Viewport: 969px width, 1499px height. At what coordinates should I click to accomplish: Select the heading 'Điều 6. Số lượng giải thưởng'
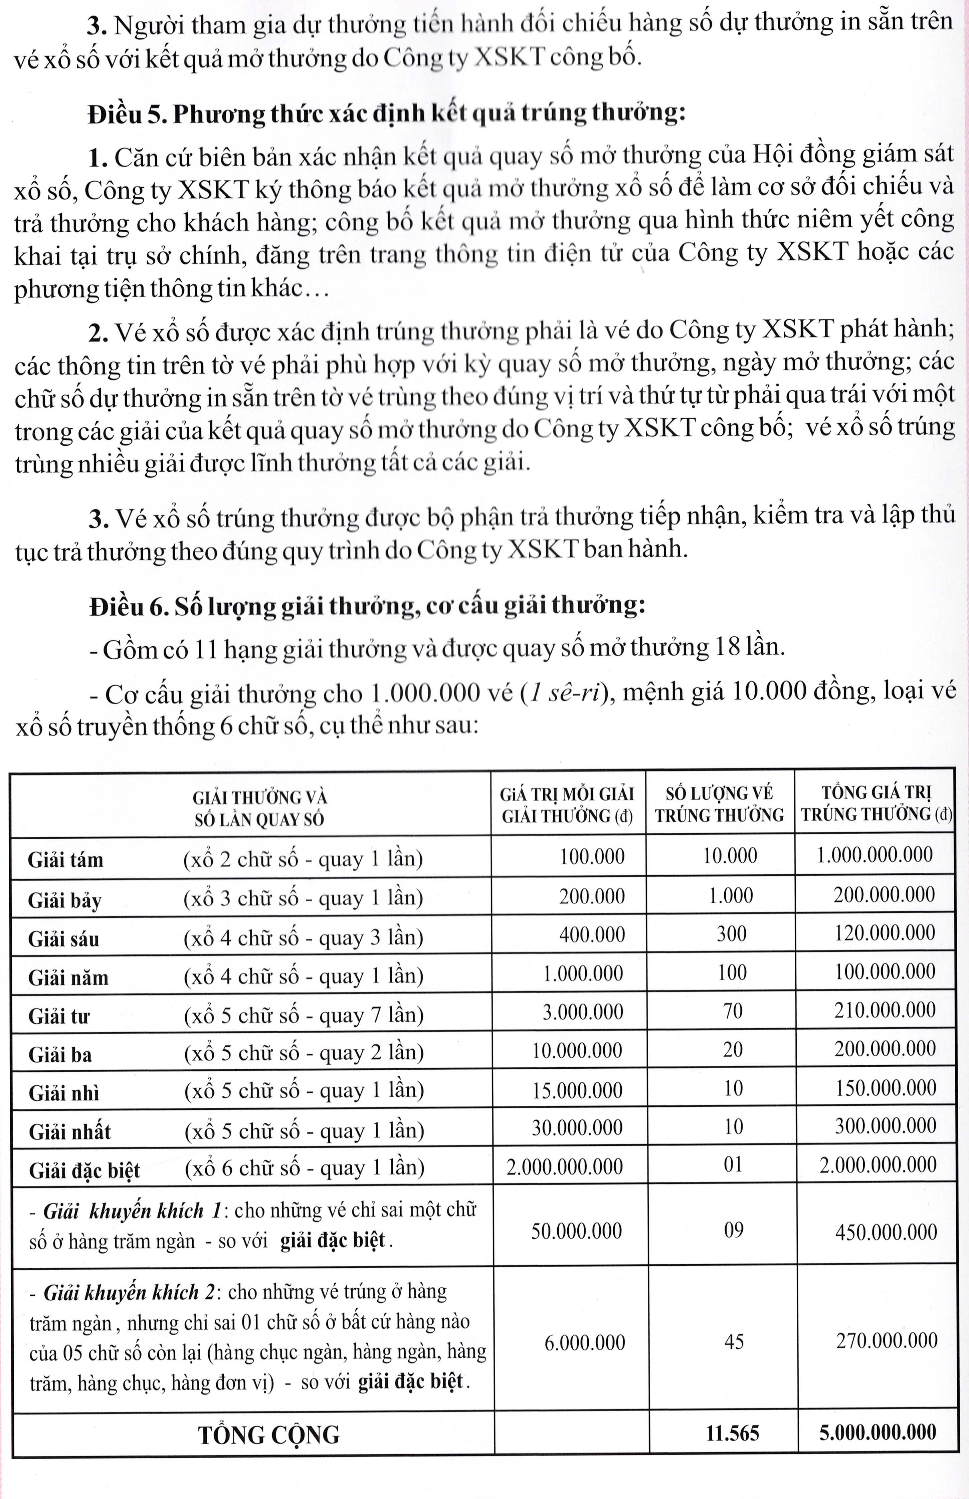point(367,606)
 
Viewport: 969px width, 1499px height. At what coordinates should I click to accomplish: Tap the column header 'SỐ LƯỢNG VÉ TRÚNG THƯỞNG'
point(719,805)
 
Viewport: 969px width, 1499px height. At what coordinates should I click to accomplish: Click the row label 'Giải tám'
point(65,859)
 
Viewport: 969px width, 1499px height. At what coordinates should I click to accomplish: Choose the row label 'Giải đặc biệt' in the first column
point(84,1170)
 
